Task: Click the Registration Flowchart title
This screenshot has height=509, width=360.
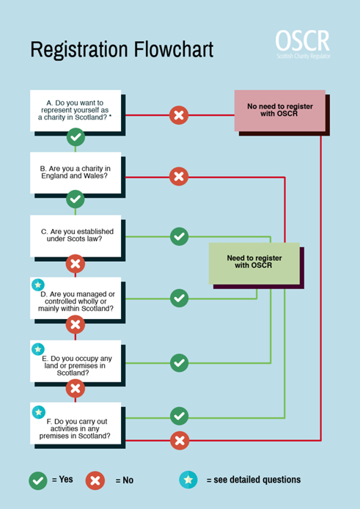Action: (122, 50)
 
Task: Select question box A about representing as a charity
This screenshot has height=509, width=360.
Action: (75, 110)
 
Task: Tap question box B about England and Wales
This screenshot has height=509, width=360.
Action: (75, 173)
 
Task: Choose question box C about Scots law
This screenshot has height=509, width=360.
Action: (75, 235)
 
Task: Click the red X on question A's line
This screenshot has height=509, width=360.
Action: (179, 115)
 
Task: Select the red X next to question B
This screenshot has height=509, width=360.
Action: (179, 176)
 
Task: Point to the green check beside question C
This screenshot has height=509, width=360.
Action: (179, 236)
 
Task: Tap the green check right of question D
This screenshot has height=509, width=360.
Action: (179, 298)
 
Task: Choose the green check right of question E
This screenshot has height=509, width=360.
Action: (179, 362)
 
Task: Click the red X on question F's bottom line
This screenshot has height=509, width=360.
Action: (179, 440)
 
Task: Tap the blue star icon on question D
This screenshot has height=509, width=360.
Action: (38, 285)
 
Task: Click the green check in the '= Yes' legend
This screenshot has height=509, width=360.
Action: (38, 480)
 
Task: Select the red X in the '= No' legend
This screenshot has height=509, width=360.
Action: (95, 480)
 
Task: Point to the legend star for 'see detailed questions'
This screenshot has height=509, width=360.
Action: (188, 480)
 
